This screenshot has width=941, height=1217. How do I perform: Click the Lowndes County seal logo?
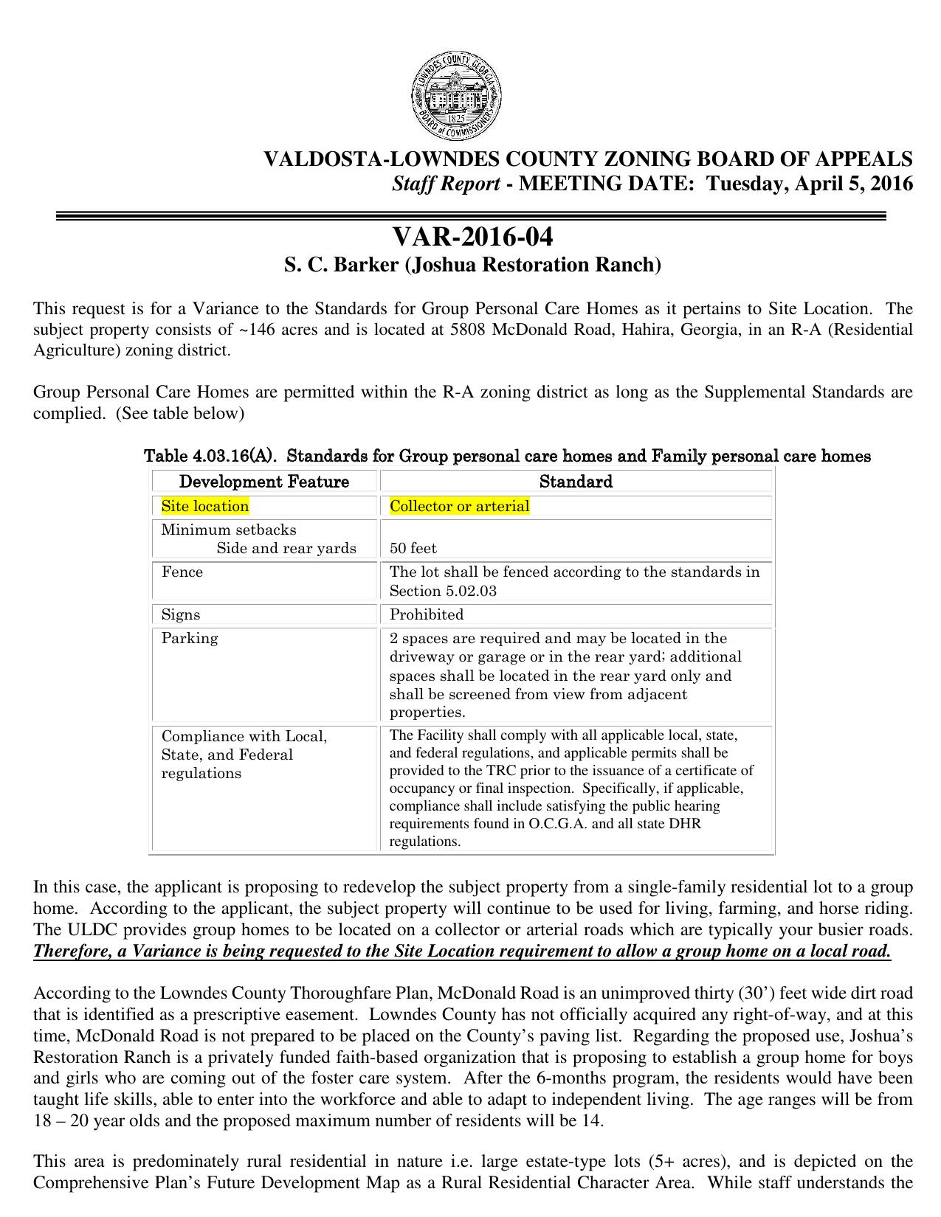pyautogui.click(x=457, y=97)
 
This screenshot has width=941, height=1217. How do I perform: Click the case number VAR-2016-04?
pyautogui.click(x=472, y=237)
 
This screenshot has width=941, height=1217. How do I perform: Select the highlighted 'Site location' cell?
pyautogui.click(x=205, y=506)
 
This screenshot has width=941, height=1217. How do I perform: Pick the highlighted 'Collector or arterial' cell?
pyautogui.click(x=459, y=506)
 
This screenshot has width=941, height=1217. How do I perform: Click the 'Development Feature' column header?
pyautogui.click(x=263, y=482)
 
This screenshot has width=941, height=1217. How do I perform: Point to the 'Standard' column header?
pyautogui.click(x=575, y=482)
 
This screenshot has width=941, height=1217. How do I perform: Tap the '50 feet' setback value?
pyautogui.click(x=413, y=548)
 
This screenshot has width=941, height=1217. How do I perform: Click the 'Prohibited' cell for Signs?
pyautogui.click(x=427, y=614)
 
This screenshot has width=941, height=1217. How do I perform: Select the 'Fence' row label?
pyautogui.click(x=182, y=572)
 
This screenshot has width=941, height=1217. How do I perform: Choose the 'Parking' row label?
pyautogui.click(x=190, y=638)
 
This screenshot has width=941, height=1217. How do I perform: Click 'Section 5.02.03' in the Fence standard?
pyautogui.click(x=443, y=591)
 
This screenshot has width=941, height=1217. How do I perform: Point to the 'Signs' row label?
pyautogui.click(x=181, y=614)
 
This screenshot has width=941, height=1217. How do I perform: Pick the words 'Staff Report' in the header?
pyautogui.click(x=446, y=184)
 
